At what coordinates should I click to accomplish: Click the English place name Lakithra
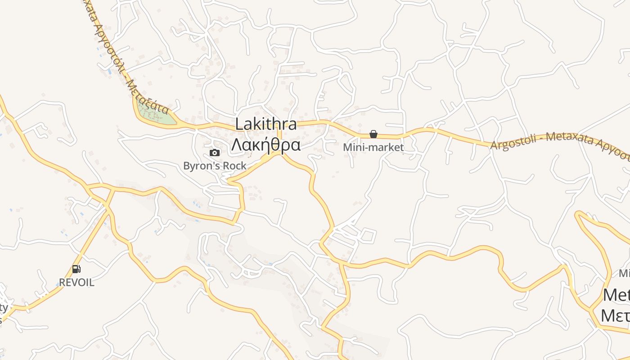(266, 124)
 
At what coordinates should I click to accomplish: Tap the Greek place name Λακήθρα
(266, 145)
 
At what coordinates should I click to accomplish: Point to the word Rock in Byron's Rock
(235, 166)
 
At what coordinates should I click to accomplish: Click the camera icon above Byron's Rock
(215, 153)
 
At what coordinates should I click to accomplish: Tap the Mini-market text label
(373, 147)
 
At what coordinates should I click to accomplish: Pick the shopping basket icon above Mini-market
(373, 134)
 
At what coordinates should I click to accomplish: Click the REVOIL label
(76, 283)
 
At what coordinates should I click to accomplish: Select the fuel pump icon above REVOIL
(76, 269)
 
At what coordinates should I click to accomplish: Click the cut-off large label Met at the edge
(616, 295)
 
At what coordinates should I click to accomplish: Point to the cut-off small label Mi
(624, 273)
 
